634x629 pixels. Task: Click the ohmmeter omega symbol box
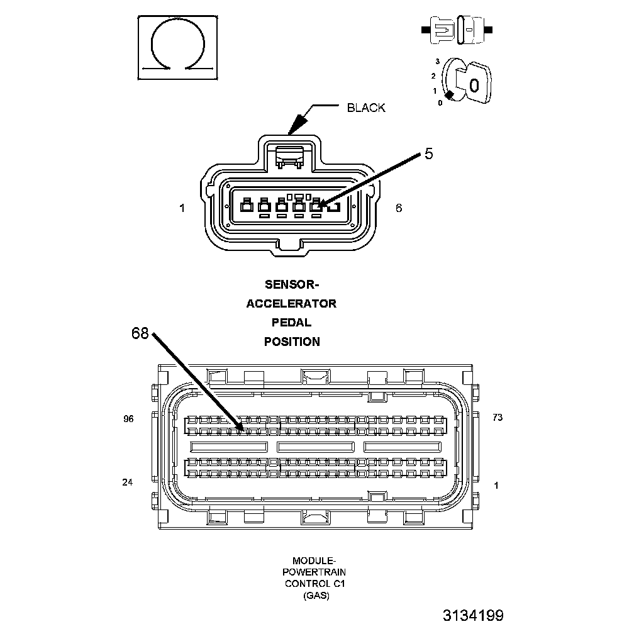pyautogui.click(x=178, y=48)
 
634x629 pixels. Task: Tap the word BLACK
pyautogui.click(x=366, y=108)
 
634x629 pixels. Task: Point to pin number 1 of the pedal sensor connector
pyautogui.click(x=182, y=208)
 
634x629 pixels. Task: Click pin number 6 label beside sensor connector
pyautogui.click(x=399, y=208)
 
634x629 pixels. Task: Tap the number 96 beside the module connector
pyautogui.click(x=128, y=419)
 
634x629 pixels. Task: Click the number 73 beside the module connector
pyautogui.click(x=498, y=417)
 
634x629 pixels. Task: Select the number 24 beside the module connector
pyautogui.click(x=128, y=482)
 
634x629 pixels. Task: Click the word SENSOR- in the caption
pyautogui.click(x=291, y=284)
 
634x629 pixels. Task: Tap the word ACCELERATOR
pyautogui.click(x=291, y=304)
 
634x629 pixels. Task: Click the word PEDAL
pyautogui.click(x=291, y=323)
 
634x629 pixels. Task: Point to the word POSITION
pyautogui.click(x=291, y=342)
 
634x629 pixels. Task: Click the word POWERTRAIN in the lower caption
pyautogui.click(x=315, y=572)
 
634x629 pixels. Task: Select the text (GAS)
pyautogui.click(x=315, y=595)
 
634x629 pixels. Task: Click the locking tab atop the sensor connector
pyautogui.click(x=290, y=154)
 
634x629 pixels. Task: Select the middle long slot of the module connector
pyautogui.click(x=315, y=447)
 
